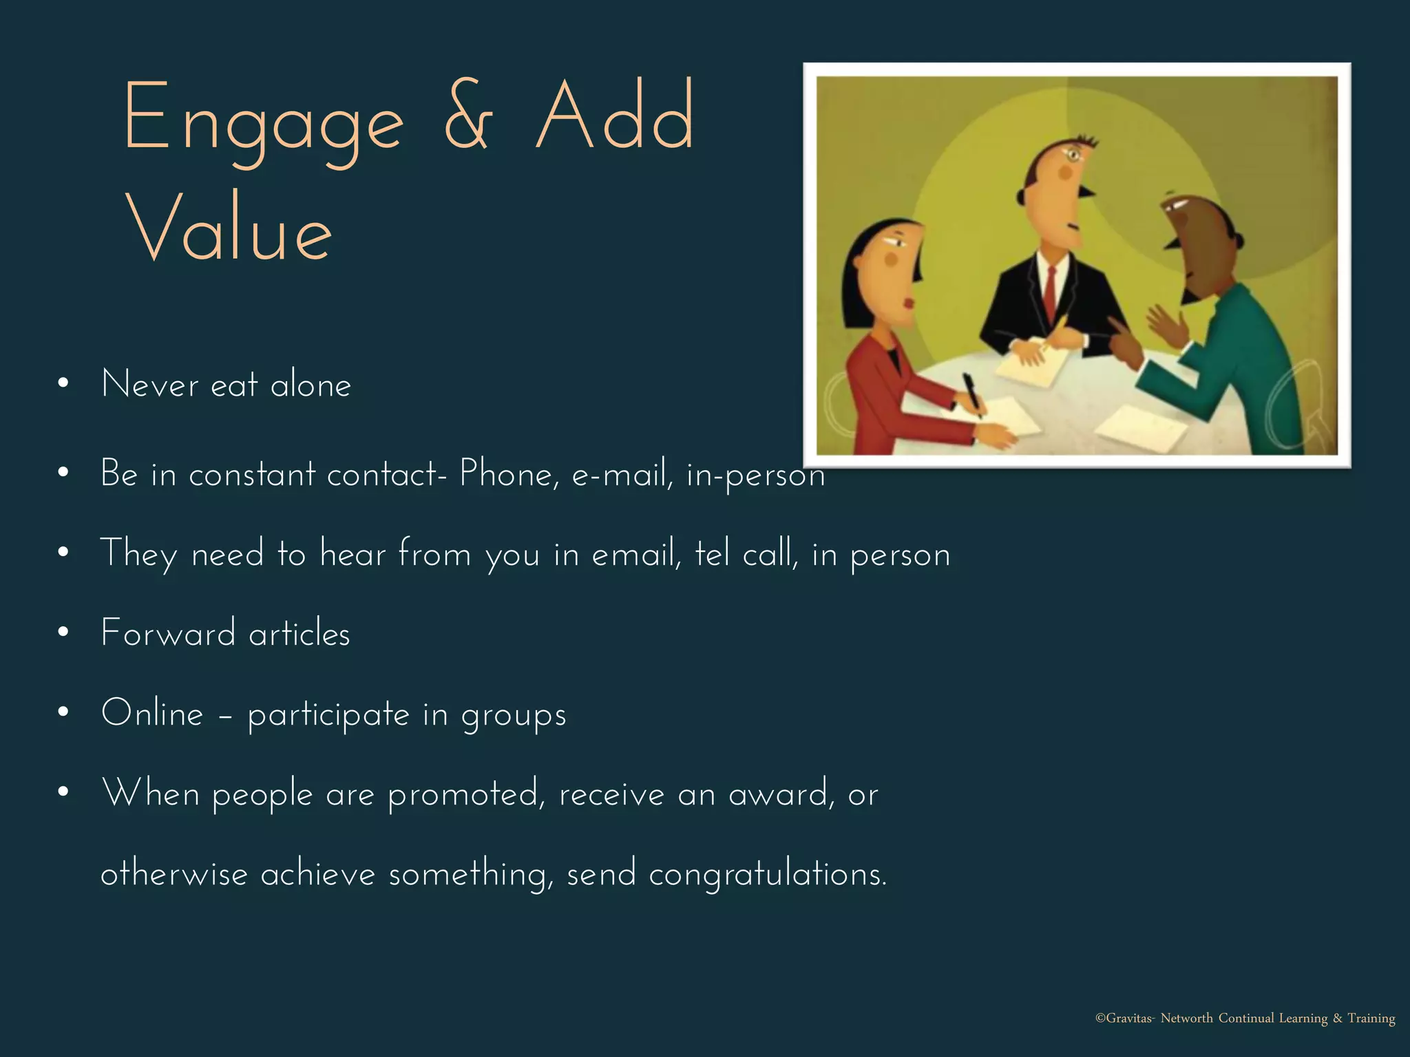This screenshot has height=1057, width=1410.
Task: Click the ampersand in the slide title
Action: [469, 117]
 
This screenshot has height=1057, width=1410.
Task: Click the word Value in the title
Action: [229, 227]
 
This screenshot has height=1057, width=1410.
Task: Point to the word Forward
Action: [168, 633]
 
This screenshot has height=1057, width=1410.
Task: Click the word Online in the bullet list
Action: [152, 713]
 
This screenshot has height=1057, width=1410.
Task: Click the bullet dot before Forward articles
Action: [63, 632]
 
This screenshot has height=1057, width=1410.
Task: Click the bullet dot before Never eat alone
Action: [63, 384]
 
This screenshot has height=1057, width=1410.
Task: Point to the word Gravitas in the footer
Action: [1129, 1018]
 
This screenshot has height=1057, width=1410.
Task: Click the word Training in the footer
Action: [1371, 1018]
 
